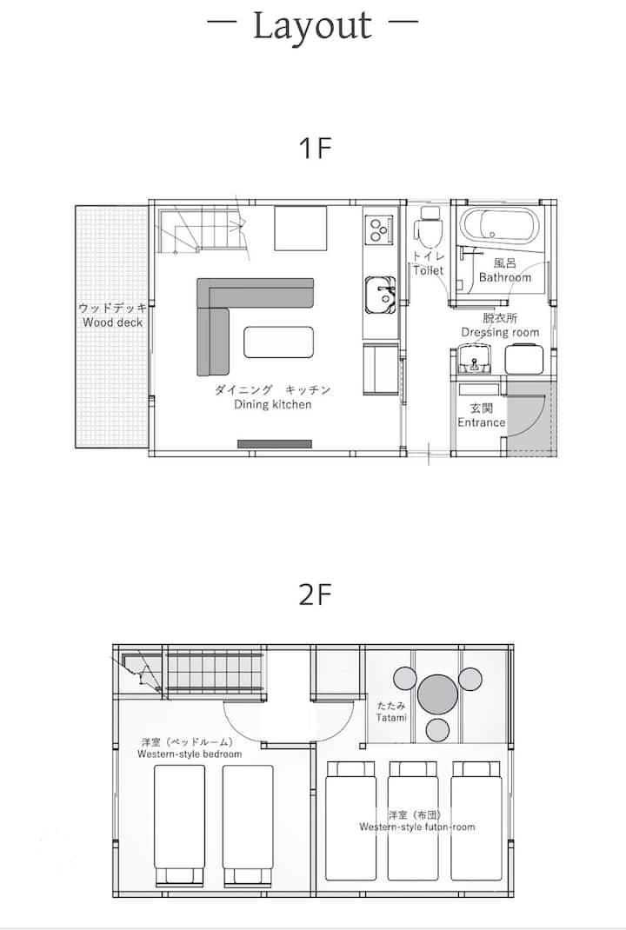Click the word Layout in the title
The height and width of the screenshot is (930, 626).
click(x=313, y=26)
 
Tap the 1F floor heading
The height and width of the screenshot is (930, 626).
click(x=315, y=148)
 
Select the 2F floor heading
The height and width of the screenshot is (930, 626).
click(x=315, y=595)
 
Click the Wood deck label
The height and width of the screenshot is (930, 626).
click(x=113, y=322)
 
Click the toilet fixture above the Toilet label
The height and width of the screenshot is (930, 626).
click(x=427, y=226)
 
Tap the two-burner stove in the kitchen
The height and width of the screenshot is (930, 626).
click(x=378, y=229)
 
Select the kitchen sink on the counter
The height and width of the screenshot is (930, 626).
click(x=380, y=295)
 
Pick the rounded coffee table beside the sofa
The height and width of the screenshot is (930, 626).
click(x=279, y=342)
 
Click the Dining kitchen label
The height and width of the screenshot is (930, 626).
click(x=272, y=404)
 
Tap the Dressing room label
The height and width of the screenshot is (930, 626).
click(x=500, y=333)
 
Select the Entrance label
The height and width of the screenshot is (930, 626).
click(x=481, y=422)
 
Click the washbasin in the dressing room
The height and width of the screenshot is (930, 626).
click(x=474, y=361)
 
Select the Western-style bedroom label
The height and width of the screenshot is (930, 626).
click(x=190, y=754)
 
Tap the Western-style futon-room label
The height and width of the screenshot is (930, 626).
click(x=417, y=827)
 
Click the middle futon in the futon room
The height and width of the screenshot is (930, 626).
click(x=413, y=821)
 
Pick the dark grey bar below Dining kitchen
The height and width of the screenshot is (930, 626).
click(x=275, y=443)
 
